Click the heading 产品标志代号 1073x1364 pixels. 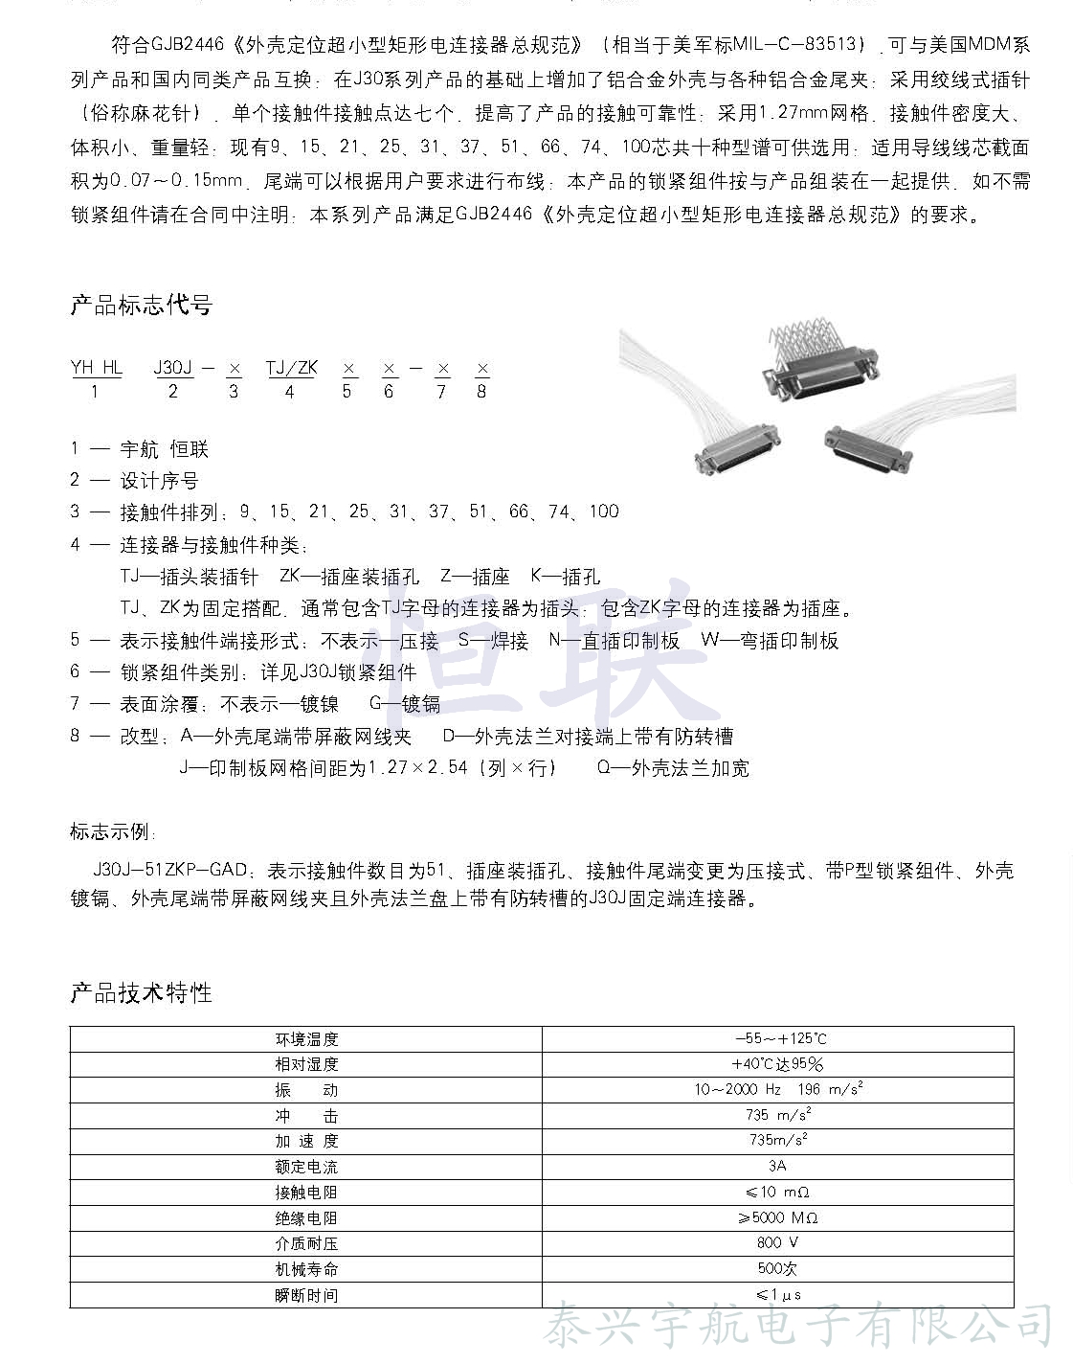pos(141,306)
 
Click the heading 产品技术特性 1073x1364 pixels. pos(141,992)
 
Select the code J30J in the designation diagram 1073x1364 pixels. pos(173,368)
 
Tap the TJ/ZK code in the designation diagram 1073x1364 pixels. pos(291,368)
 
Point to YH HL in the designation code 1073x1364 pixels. pos(97,368)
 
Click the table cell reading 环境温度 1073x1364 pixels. pos(306,1039)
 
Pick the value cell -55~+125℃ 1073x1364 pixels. pos(778,1039)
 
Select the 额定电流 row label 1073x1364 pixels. pos(306,1167)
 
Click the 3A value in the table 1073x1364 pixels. pos(777,1167)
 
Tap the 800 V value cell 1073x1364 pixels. pos(777,1243)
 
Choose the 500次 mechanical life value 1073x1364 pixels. pos(777,1269)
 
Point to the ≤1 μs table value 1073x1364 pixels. pos(777,1295)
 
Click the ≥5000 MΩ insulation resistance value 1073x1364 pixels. pos(777,1218)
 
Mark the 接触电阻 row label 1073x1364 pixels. pos(306,1193)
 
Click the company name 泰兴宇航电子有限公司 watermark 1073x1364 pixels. pos(799,1327)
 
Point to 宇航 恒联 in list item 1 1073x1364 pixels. pos(164,449)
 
